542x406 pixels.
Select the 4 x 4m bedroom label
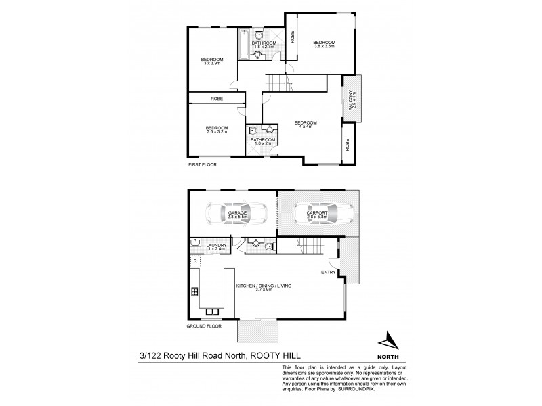coord(306,125)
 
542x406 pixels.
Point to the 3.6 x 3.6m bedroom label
coord(324,45)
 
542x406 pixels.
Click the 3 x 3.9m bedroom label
coord(212,62)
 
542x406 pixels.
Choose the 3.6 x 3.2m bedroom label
coord(217,130)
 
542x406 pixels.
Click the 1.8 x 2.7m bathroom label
coord(262,45)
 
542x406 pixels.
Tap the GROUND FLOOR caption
coord(205,325)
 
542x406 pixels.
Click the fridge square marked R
coord(195,260)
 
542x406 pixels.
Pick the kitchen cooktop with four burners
coord(195,292)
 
